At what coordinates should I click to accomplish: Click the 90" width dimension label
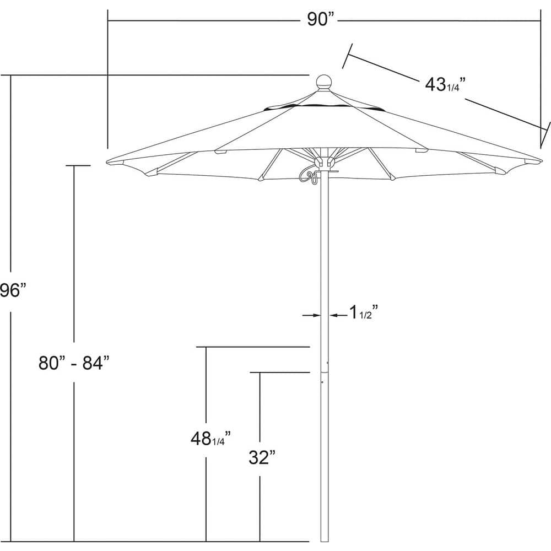pyautogui.click(x=321, y=20)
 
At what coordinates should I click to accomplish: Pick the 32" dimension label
pyautogui.click(x=261, y=457)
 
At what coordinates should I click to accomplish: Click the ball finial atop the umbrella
pyautogui.click(x=324, y=82)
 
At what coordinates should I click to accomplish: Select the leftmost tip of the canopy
pyautogui.click(x=107, y=161)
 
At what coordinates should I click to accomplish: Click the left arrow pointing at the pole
pyautogui.click(x=312, y=315)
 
